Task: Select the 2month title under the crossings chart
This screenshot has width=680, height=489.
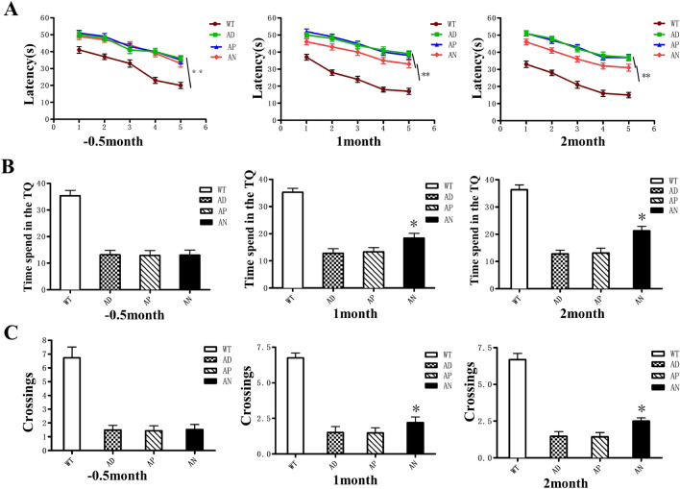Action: (x=561, y=477)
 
